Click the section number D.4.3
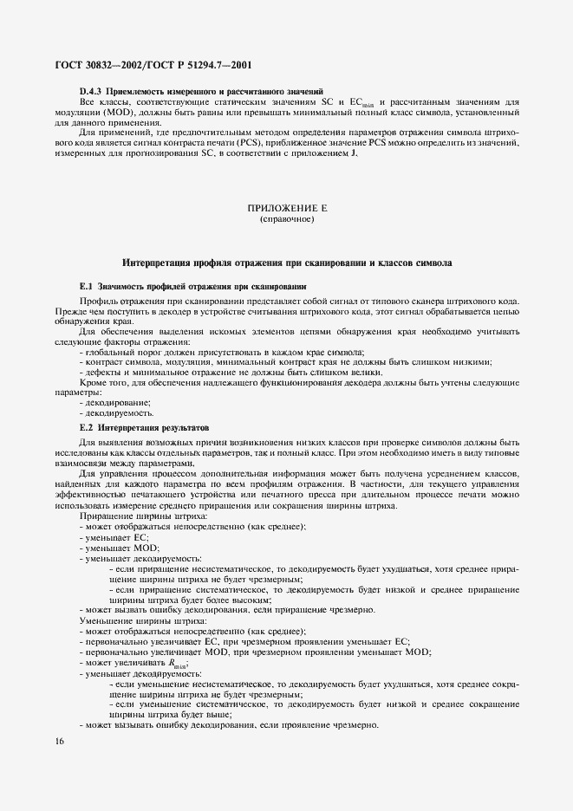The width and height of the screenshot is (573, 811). (x=91, y=91)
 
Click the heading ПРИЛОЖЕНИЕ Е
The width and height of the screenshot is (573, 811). (x=286, y=209)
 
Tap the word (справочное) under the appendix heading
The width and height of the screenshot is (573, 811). (x=286, y=220)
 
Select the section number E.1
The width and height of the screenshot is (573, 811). (x=85, y=285)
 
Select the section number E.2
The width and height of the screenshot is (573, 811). (x=85, y=427)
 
